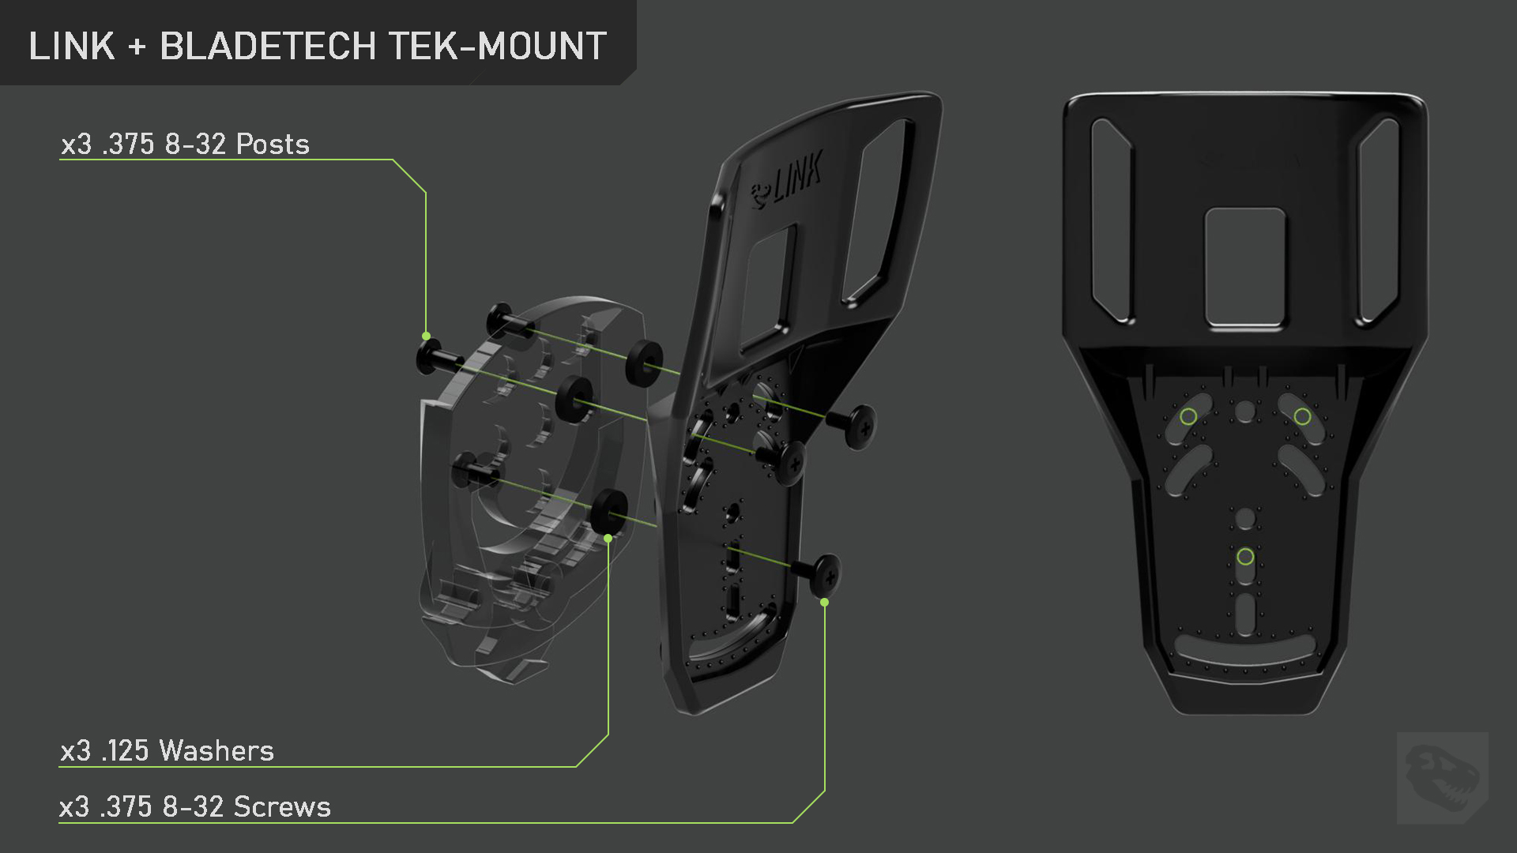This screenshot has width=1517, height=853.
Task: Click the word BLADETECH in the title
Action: point(268,46)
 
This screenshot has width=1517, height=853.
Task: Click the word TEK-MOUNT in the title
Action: point(498,46)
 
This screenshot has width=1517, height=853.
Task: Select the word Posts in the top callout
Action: point(273,144)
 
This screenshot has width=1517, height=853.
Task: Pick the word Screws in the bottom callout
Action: point(282,806)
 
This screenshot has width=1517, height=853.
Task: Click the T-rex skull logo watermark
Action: point(1443,778)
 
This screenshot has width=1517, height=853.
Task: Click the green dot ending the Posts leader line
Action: point(427,336)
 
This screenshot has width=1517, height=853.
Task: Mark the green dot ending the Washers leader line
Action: point(608,538)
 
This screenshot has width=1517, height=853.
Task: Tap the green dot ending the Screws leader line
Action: point(824,602)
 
